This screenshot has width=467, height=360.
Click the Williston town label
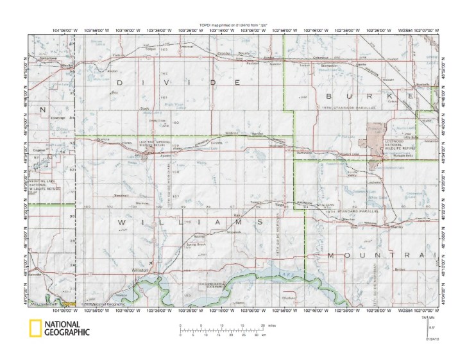(140, 270)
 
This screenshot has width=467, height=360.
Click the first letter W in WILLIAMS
(122, 221)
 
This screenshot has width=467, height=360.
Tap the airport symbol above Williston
(151, 262)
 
